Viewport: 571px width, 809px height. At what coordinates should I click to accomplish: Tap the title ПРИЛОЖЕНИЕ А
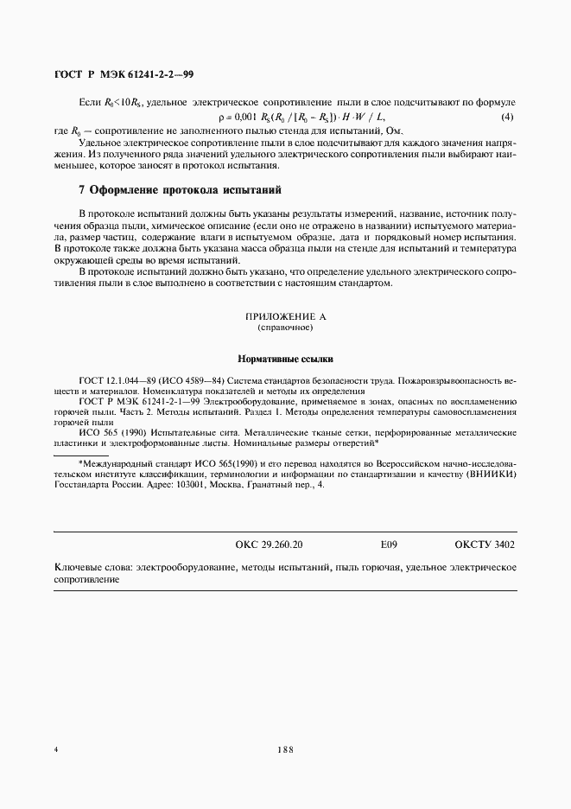pos(284,317)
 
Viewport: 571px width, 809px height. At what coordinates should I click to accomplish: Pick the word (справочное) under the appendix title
pos(284,328)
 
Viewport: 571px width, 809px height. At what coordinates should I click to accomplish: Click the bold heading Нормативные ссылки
pos(284,358)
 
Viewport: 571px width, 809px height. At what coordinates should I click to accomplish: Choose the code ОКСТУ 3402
pos(484,545)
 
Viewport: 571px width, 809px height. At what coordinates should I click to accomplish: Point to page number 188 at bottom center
pos(285,750)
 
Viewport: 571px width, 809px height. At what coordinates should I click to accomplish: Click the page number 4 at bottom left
pos(56,750)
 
